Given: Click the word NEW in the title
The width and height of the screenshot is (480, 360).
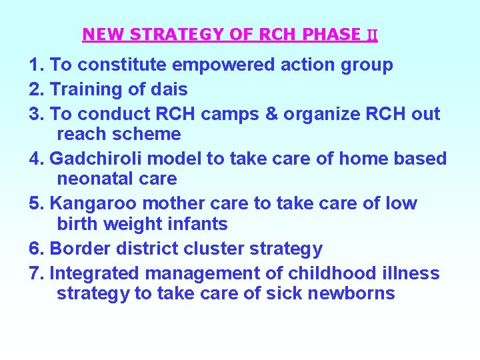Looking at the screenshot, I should coord(98,34).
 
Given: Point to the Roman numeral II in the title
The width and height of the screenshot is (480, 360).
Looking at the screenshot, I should coord(372,35).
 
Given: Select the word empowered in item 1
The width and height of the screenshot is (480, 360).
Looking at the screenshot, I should coord(220,65).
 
